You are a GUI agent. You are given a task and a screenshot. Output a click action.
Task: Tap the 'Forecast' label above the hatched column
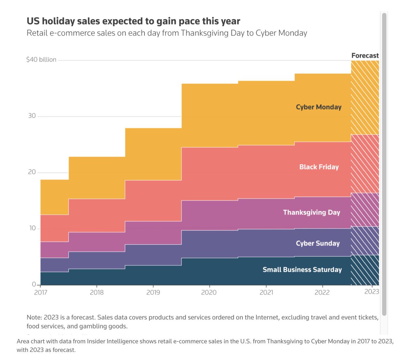click(x=365, y=55)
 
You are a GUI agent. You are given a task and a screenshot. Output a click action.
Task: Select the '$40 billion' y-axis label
click(x=41, y=59)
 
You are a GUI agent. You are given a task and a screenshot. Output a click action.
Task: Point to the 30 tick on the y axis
click(x=32, y=116)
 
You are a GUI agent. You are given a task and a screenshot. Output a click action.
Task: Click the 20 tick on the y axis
click(x=32, y=172)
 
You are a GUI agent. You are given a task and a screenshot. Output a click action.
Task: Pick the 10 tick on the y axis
click(x=32, y=228)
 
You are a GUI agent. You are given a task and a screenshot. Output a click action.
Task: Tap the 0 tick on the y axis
click(x=34, y=284)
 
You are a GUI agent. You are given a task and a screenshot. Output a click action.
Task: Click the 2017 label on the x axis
click(x=40, y=292)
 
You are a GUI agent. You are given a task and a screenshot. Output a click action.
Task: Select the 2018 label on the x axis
click(x=97, y=292)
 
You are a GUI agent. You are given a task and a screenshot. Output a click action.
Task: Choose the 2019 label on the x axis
click(x=153, y=292)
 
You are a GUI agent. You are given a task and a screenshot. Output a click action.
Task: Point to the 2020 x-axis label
click(x=209, y=292)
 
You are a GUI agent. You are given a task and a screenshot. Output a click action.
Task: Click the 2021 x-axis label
click(x=266, y=292)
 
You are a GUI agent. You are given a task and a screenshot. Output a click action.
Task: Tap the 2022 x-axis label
click(x=322, y=292)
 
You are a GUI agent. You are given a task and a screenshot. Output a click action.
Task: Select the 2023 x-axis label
click(x=372, y=292)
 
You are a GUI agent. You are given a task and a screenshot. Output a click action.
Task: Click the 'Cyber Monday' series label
click(x=319, y=107)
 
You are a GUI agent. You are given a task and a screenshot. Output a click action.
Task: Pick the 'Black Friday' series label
click(x=319, y=167)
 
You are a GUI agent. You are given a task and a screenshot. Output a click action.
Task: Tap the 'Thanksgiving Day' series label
click(x=312, y=212)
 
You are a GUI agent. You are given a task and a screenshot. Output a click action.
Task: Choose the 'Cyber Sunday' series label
click(x=318, y=243)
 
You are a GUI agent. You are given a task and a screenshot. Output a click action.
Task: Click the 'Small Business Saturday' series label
click(x=302, y=269)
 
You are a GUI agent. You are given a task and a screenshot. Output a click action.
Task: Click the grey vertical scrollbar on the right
click(x=384, y=164)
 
